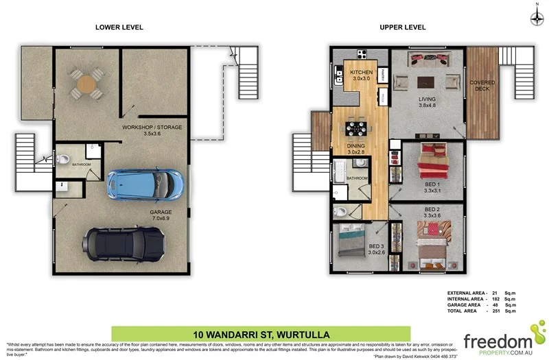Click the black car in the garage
(x=124, y=241)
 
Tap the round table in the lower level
(x=86, y=84)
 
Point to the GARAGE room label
(x=161, y=213)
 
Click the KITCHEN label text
(x=361, y=73)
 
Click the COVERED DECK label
(x=482, y=86)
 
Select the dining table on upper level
(x=355, y=128)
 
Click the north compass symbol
(x=535, y=19)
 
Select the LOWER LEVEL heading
(x=119, y=27)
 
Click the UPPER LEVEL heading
(x=403, y=27)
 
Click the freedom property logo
(x=498, y=340)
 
